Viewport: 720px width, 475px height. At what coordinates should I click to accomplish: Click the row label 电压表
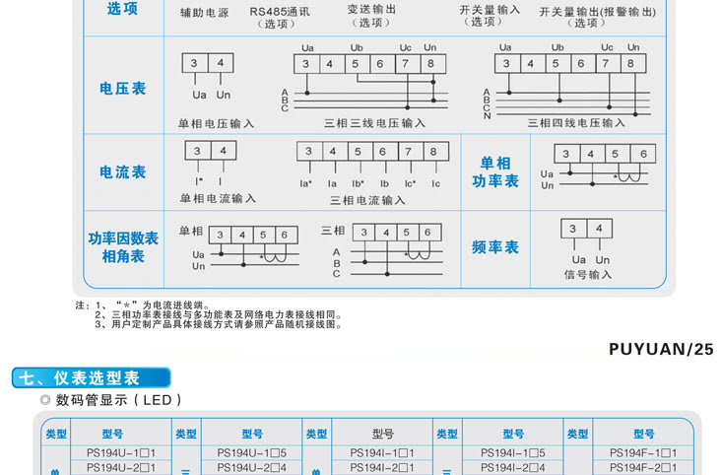(123, 89)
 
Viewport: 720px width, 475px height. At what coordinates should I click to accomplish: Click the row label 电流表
(123, 171)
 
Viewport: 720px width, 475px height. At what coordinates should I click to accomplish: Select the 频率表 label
(495, 247)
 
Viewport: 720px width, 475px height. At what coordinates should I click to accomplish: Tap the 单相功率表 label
(495, 171)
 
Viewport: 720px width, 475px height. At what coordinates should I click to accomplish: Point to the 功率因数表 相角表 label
(123, 247)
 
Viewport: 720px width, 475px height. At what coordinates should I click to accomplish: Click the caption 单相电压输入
(217, 124)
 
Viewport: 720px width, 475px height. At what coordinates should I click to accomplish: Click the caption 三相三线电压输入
(374, 123)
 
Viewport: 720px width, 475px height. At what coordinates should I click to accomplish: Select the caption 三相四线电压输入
(576, 123)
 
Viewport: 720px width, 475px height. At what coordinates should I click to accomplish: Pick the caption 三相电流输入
(367, 200)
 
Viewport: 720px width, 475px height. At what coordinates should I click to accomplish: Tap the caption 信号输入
(588, 275)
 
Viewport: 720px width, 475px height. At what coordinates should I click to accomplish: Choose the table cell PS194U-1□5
(251, 452)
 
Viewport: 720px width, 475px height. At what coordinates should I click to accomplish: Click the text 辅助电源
(205, 13)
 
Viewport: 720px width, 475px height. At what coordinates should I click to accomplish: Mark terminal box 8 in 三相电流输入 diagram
(432, 152)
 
